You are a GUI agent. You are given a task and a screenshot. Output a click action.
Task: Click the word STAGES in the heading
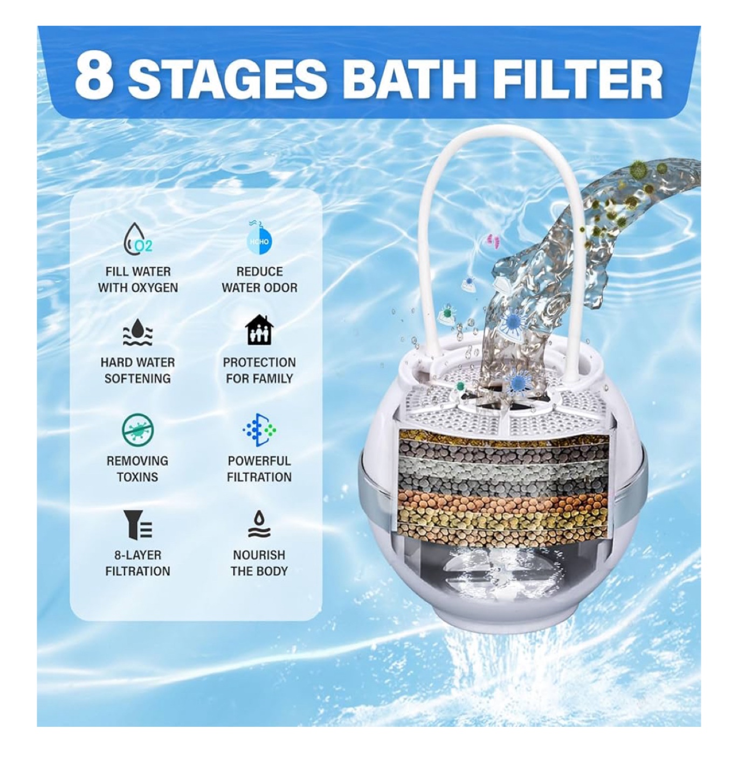click(226, 77)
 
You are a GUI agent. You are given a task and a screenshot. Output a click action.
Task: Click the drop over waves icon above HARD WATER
click(137, 331)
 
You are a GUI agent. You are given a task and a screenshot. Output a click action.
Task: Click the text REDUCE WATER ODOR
click(259, 280)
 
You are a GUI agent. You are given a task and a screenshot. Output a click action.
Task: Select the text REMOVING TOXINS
click(137, 469)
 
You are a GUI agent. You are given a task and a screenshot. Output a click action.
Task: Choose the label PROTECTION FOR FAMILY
click(259, 370)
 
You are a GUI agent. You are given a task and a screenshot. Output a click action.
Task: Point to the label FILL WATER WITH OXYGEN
click(137, 280)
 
